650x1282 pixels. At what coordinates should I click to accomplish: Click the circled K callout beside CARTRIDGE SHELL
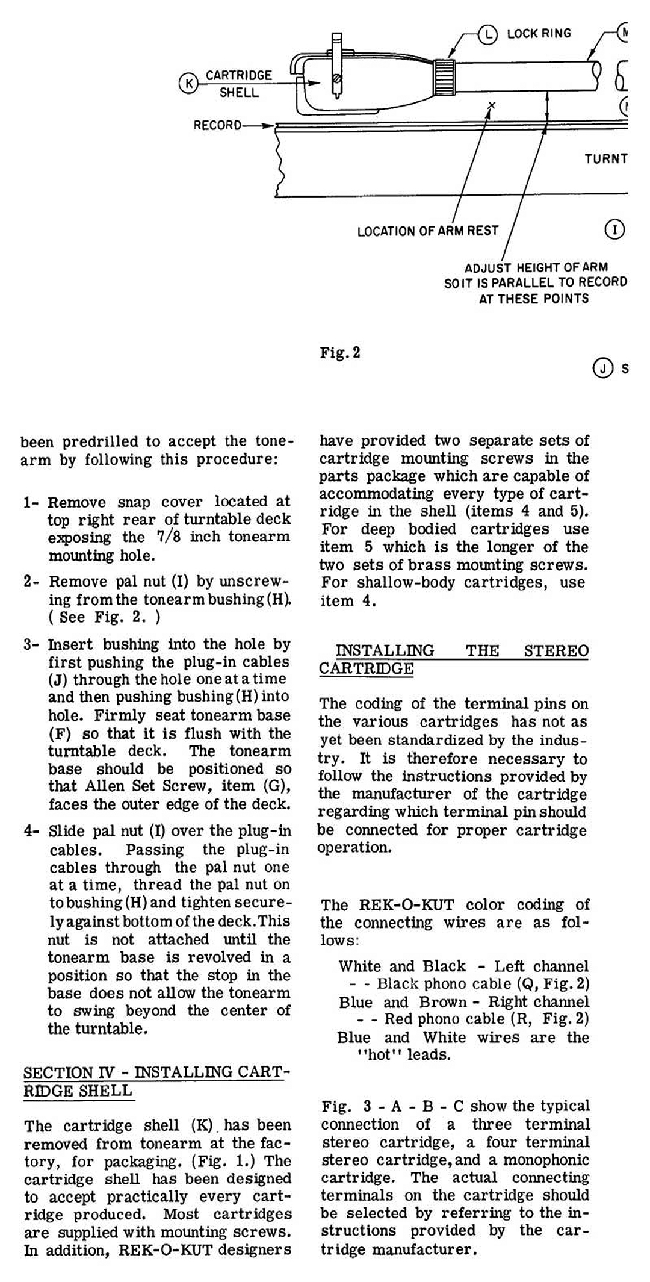point(188,83)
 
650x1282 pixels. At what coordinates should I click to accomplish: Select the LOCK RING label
point(539,34)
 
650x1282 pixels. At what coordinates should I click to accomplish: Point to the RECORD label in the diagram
point(217,126)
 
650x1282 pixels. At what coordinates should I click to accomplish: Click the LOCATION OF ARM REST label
point(427,231)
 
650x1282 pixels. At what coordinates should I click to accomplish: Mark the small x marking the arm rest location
point(492,106)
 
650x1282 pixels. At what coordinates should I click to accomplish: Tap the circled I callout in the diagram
point(614,229)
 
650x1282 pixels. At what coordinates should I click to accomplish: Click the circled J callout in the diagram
point(602,367)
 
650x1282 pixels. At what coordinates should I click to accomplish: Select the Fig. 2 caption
point(340,353)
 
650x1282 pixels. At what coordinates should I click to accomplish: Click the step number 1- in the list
point(31,502)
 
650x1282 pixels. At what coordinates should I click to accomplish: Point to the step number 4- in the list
point(31,832)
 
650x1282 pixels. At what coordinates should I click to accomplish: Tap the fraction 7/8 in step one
point(169,537)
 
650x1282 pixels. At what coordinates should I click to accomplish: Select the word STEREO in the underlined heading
point(556,651)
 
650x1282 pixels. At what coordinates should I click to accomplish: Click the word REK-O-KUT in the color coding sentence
point(406,905)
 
